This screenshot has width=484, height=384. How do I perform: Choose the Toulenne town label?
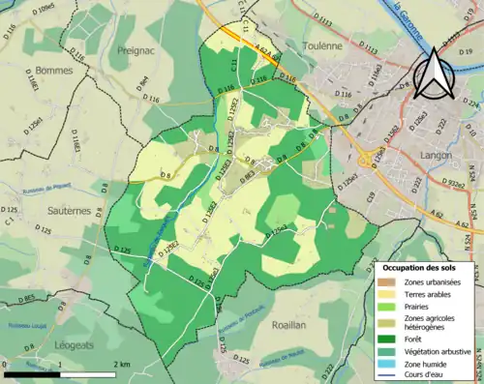tap(327, 44)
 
